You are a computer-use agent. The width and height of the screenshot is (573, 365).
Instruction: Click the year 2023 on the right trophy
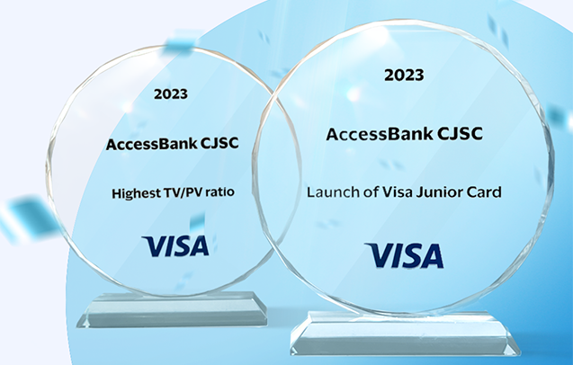pyautogui.click(x=404, y=76)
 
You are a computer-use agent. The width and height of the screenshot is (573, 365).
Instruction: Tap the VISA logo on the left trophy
pyautogui.click(x=175, y=245)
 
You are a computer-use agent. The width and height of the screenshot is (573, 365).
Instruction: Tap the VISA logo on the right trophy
pyautogui.click(x=404, y=255)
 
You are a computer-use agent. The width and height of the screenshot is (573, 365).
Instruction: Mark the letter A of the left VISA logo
pyautogui.click(x=199, y=245)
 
